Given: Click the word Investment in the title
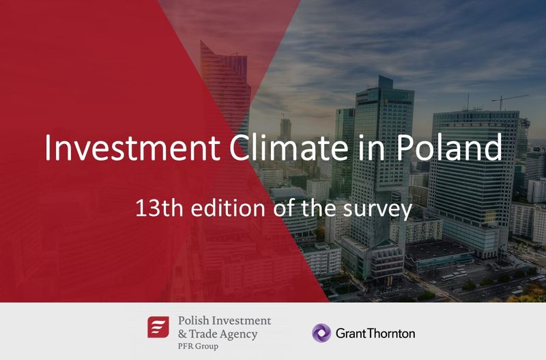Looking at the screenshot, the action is coord(132,148).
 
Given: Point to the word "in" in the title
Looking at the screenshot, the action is coord(372,148).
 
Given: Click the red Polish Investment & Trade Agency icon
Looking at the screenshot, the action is coord(158,327).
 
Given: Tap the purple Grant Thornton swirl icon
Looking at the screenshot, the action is coord(321,333).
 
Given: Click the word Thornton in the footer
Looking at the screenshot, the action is coord(390,333).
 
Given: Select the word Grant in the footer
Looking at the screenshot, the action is coord(350,333).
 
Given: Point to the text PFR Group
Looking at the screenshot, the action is coord(198,346).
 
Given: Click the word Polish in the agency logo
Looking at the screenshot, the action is coord(194,321).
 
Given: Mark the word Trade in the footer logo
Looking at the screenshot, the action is coord(203,334).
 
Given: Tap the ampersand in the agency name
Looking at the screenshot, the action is coord(182,334).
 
